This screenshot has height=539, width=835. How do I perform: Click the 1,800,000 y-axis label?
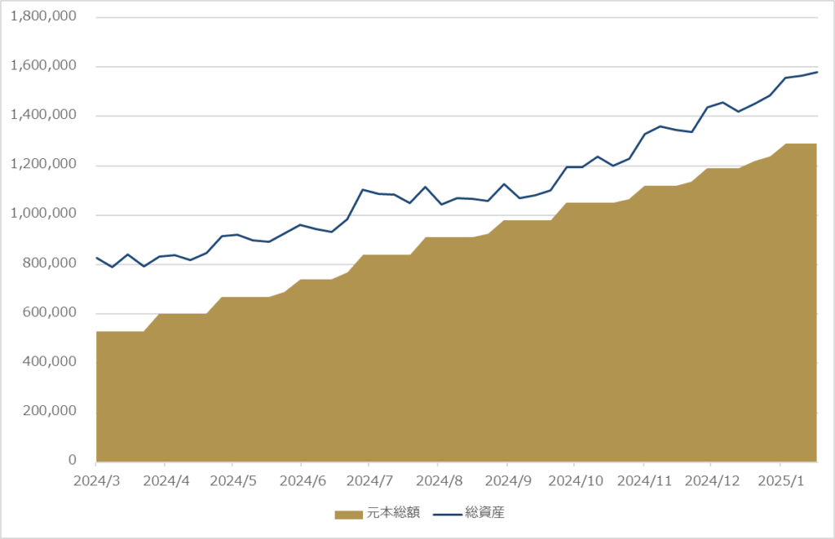click(x=43, y=16)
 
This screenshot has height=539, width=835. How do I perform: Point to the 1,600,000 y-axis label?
click(x=43, y=66)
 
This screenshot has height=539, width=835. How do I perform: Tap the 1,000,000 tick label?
click(x=43, y=214)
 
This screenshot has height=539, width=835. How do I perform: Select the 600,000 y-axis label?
click(x=50, y=312)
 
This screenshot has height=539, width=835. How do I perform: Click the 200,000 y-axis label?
click(x=50, y=411)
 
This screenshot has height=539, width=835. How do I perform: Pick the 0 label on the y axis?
click(x=73, y=460)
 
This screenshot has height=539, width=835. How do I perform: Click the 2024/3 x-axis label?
click(x=97, y=481)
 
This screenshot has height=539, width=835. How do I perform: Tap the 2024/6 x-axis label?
click(x=303, y=481)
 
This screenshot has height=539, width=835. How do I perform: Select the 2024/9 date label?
click(x=508, y=481)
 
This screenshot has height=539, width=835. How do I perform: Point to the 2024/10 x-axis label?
click(x=576, y=481)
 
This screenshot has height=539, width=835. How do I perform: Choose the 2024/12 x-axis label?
click(x=712, y=481)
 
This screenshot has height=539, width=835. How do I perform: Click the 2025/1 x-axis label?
click(x=780, y=481)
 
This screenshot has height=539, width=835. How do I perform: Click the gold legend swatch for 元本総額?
click(x=349, y=514)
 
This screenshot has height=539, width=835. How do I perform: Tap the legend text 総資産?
click(x=484, y=512)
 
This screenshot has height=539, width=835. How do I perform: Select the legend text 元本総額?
click(x=393, y=512)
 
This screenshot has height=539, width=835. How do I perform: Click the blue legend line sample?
click(x=448, y=514)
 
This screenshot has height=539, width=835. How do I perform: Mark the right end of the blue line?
click(x=817, y=72)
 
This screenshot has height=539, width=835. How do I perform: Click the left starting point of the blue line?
click(x=96, y=258)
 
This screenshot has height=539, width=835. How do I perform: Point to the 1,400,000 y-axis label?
click(x=43, y=115)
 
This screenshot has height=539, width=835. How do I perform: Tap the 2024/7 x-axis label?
click(x=369, y=481)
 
